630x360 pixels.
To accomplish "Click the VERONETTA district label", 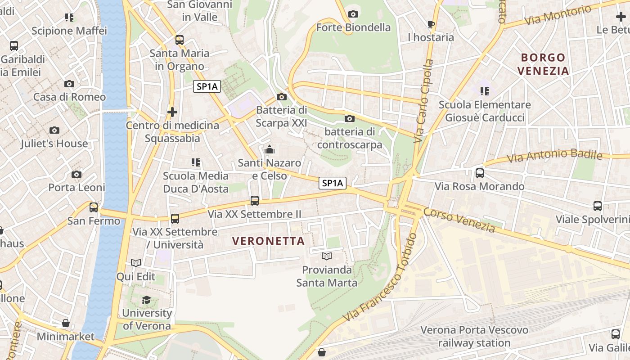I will pyautogui.click(x=269, y=241).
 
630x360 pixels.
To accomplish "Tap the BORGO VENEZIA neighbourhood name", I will pyautogui.click(x=543, y=64).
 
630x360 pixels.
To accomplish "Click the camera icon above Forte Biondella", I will pyautogui.click(x=353, y=14).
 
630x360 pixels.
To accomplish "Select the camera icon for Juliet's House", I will pyautogui.click(x=54, y=130).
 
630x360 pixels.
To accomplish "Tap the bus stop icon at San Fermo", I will pyautogui.click(x=94, y=207).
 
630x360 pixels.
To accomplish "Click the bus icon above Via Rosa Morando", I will pyautogui.click(x=480, y=173).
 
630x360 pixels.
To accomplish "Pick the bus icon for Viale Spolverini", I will pyautogui.click(x=597, y=206).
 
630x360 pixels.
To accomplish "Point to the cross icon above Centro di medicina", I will pyautogui.click(x=172, y=112).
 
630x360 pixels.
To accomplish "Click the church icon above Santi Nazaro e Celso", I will pyautogui.click(x=270, y=149).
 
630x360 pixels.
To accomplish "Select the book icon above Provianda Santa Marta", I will pyautogui.click(x=327, y=256).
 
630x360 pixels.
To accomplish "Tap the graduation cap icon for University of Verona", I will pyautogui.click(x=147, y=300).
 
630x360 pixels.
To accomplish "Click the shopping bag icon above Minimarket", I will pyautogui.click(x=66, y=323).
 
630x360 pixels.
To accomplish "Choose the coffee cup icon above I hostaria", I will pyautogui.click(x=431, y=24).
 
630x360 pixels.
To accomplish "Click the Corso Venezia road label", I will pyautogui.click(x=459, y=220).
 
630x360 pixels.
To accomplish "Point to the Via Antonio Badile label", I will pyautogui.click(x=554, y=156).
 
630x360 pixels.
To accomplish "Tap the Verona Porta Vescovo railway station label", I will pyautogui.click(x=474, y=336).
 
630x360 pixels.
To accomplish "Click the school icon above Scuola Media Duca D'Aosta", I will pyautogui.click(x=195, y=162).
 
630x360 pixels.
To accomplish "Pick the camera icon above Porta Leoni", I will pyautogui.click(x=76, y=174).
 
